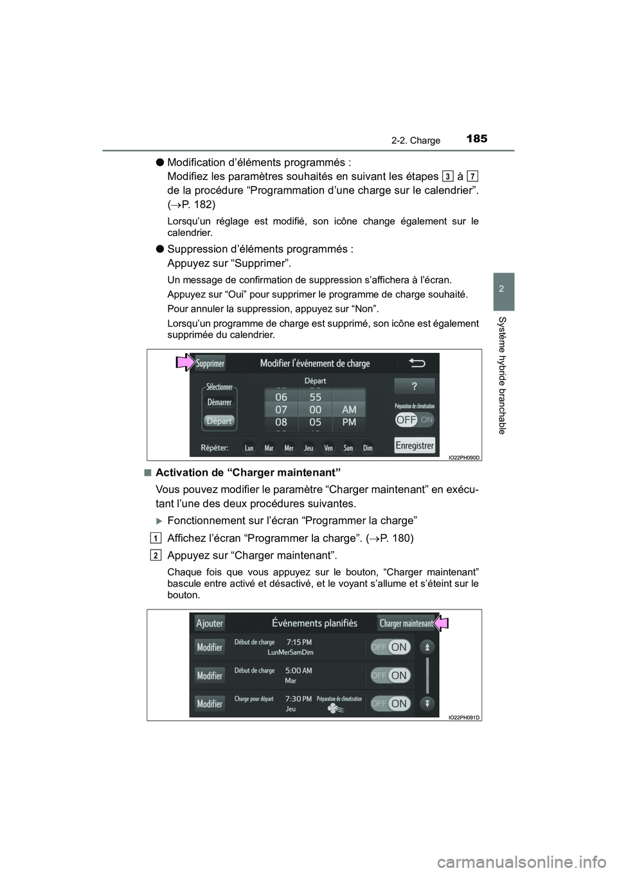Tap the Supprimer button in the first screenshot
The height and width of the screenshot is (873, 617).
(x=210, y=364)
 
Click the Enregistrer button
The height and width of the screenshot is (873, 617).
(x=415, y=445)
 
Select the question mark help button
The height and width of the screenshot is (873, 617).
(x=415, y=386)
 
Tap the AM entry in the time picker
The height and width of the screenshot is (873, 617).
(x=349, y=409)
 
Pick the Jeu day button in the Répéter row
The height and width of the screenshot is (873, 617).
(x=308, y=448)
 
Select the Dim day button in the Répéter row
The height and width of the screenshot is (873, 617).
(x=368, y=448)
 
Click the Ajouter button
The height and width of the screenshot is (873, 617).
(x=210, y=622)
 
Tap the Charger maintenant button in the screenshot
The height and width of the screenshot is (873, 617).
(x=406, y=623)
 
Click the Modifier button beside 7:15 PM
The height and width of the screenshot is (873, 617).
(x=210, y=647)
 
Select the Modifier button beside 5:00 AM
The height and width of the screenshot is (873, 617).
(x=210, y=676)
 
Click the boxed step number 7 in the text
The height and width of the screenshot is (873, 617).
(x=472, y=175)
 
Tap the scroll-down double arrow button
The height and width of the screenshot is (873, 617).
(x=428, y=703)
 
